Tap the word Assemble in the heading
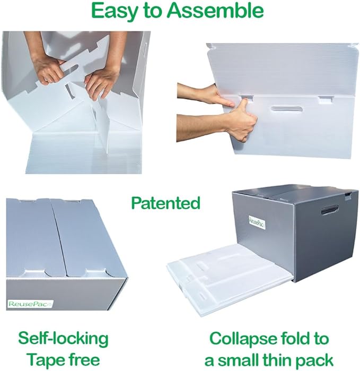coord(224,10)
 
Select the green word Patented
coord(165,203)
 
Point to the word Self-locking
coord(64,338)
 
